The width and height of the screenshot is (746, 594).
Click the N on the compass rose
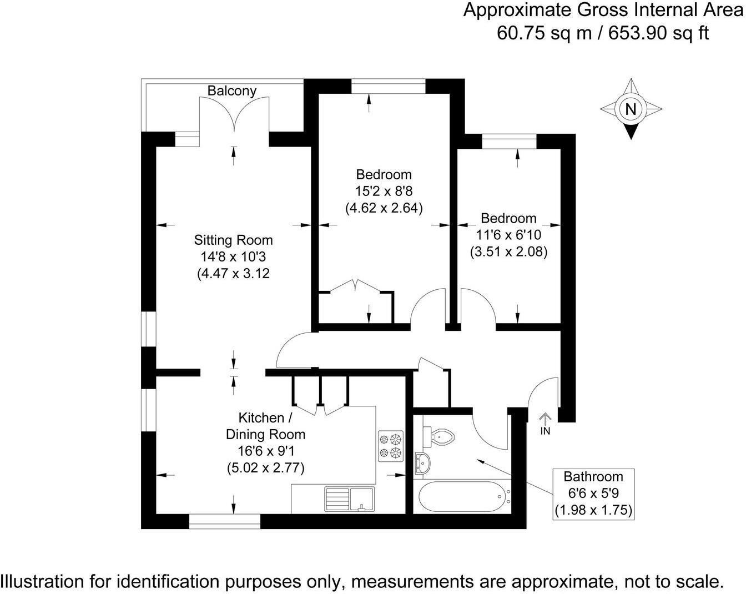631,109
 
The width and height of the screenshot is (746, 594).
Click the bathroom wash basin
422,463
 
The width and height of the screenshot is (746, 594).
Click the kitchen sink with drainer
349,499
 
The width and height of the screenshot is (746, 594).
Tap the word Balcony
232,90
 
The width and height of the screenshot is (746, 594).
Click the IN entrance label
545,431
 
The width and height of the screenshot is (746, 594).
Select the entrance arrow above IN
545,418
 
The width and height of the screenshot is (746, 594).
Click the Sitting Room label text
233,240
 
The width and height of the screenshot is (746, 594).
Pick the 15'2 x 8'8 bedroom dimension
384,192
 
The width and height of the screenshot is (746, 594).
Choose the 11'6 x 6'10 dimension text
509,235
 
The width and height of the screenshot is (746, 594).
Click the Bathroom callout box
593,494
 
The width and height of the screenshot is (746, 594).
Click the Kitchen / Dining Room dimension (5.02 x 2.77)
266,467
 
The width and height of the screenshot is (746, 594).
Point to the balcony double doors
234,114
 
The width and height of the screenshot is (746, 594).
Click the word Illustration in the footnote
43,581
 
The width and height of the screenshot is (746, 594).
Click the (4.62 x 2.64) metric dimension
384,208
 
